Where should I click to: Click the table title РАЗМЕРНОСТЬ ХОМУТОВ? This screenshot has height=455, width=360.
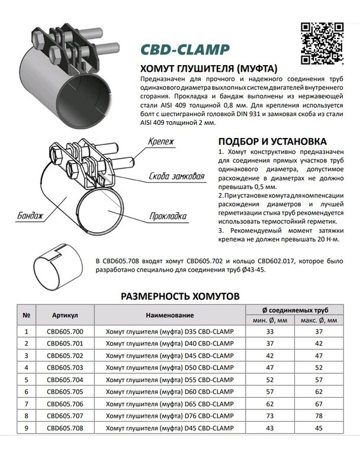tap(179, 295)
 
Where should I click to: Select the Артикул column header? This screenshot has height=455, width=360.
tap(65, 315)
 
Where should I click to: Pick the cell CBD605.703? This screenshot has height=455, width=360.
tap(65, 367)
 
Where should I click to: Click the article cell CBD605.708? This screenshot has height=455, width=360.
tap(65, 428)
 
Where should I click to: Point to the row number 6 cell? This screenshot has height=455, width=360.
tap(27, 392)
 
